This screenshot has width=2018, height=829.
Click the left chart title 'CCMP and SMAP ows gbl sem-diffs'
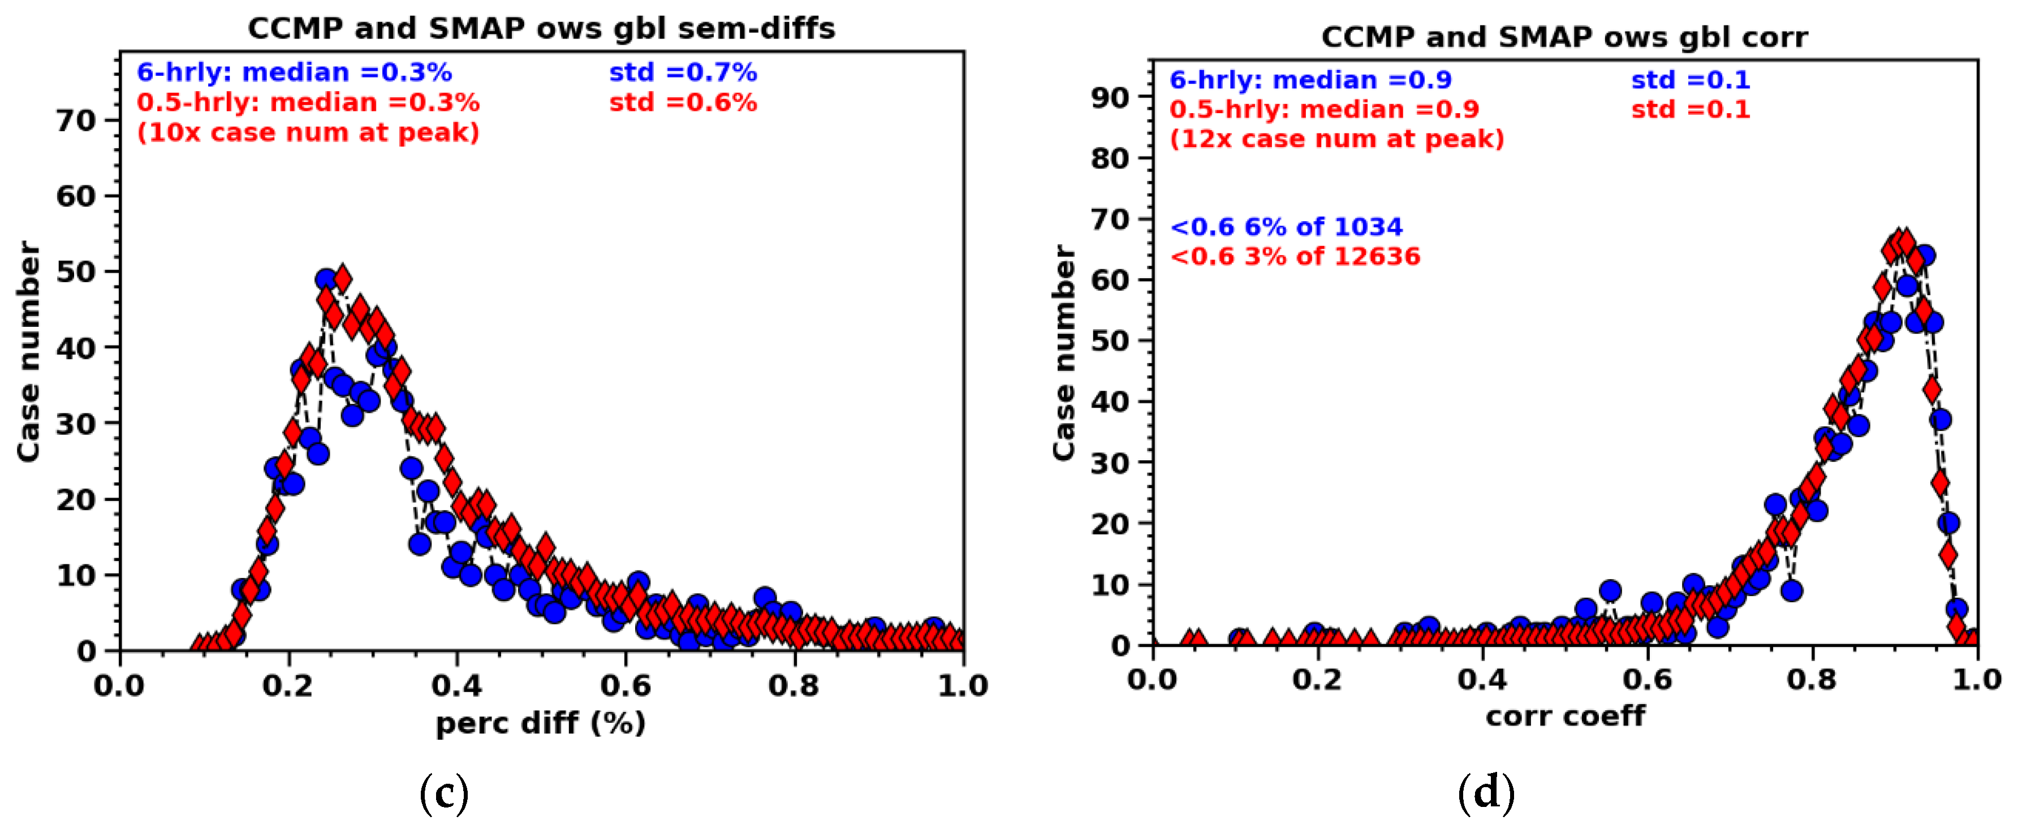[x=541, y=28]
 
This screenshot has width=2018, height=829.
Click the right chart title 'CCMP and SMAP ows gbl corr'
[x=1564, y=37]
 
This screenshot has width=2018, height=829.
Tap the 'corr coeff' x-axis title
[x=1564, y=715]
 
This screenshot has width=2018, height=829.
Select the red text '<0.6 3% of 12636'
[x=1294, y=256]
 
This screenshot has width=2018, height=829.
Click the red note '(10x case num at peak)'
[x=308, y=132]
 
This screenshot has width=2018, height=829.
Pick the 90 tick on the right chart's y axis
[x=1110, y=97]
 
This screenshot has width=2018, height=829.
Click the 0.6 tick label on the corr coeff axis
[x=1648, y=679]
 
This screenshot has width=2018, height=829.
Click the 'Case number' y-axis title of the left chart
[x=28, y=351]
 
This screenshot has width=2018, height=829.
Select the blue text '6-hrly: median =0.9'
[x=1310, y=80]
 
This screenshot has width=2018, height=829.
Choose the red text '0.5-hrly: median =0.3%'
[x=308, y=103]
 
